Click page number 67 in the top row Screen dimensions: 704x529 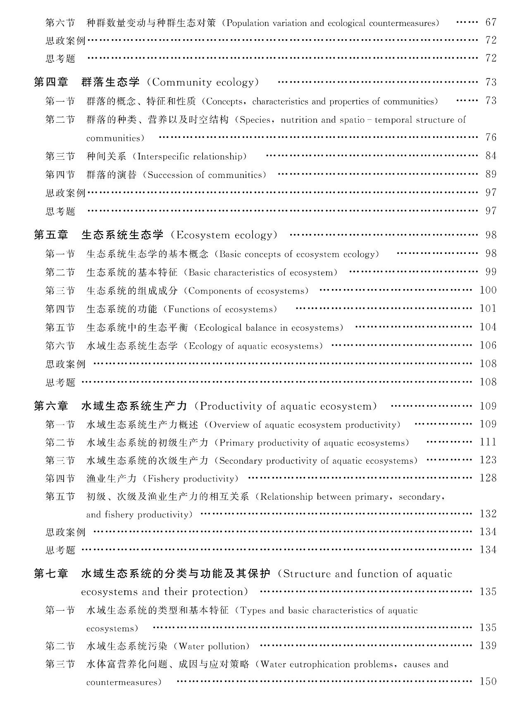click(x=491, y=22)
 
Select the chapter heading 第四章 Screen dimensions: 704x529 click(x=51, y=82)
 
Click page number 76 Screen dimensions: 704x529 click(x=491, y=137)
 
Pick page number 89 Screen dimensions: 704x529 click(x=491, y=174)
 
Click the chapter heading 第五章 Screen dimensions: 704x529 click(x=51, y=235)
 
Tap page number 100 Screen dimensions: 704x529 click(x=488, y=290)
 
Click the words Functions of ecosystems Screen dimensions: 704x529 click(x=223, y=309)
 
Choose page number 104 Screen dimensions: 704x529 click(x=488, y=327)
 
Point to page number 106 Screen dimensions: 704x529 click(x=488, y=345)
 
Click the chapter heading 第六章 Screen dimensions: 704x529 click(x=51, y=406)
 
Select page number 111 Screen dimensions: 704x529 click(x=488, y=442)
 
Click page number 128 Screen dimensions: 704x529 click(x=488, y=478)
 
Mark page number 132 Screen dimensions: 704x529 click(x=488, y=514)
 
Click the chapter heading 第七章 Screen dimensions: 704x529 click(x=51, y=574)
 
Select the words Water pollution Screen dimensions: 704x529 click(x=214, y=646)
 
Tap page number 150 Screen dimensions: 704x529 click(x=488, y=681)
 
